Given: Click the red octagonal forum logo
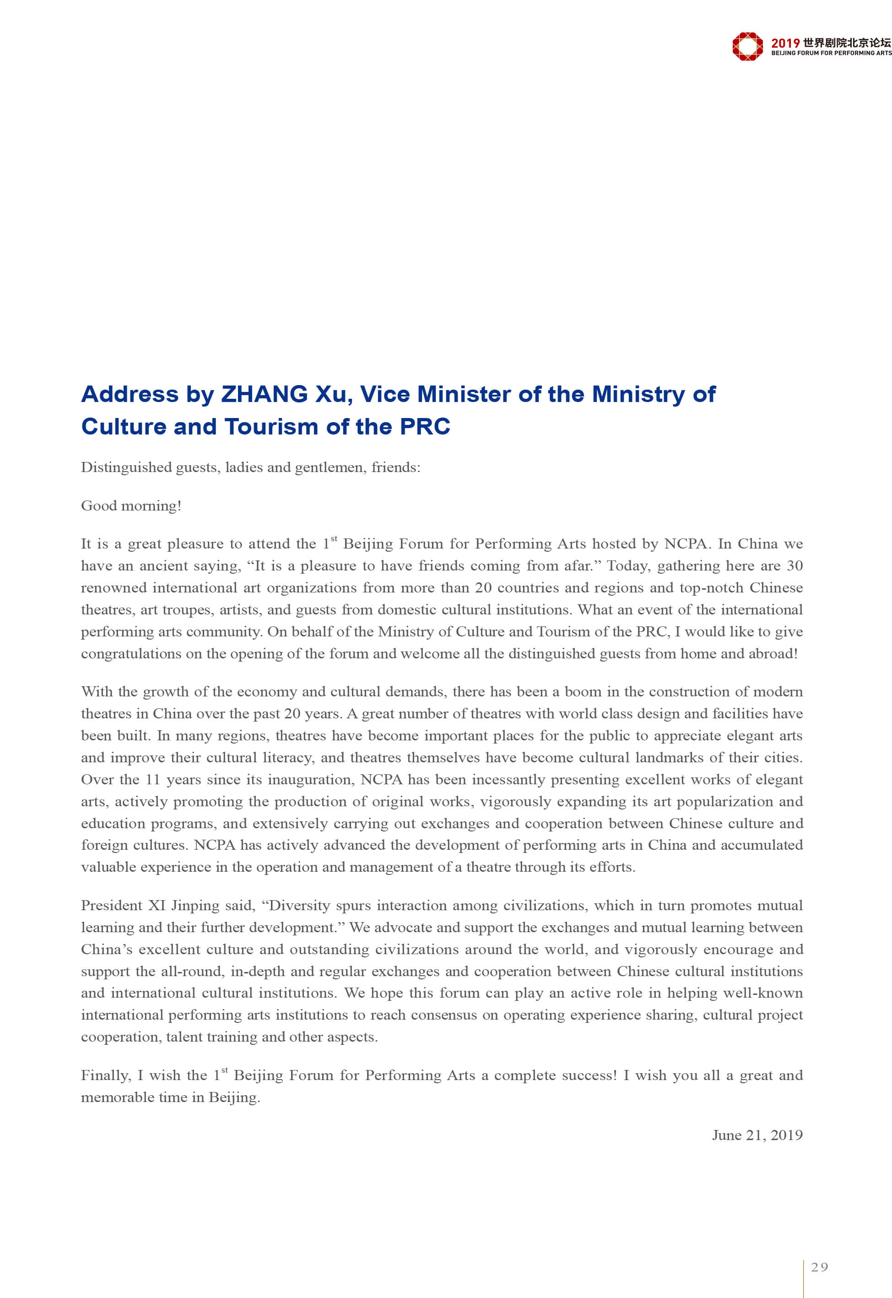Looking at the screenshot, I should point(747,46).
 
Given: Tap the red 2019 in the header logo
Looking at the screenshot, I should point(785,43).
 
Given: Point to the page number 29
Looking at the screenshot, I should point(820,1267).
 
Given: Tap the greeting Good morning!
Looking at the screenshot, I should point(131,506).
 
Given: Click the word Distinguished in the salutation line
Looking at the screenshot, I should point(126,467).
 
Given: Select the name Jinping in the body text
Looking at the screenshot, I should point(195,906).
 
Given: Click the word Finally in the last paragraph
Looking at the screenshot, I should point(106,1075).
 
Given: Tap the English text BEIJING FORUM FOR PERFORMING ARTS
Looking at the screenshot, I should point(831,53).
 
